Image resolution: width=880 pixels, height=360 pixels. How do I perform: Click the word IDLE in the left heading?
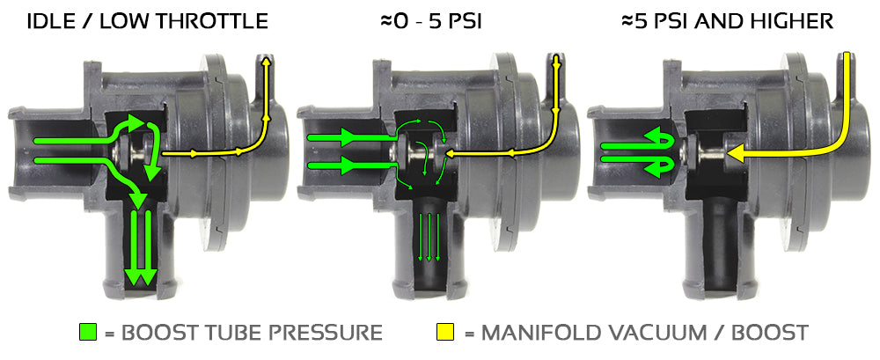pos(50,21)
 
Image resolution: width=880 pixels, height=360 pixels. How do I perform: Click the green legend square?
pos(88,333)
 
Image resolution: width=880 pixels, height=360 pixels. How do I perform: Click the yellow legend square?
pos(445,333)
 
